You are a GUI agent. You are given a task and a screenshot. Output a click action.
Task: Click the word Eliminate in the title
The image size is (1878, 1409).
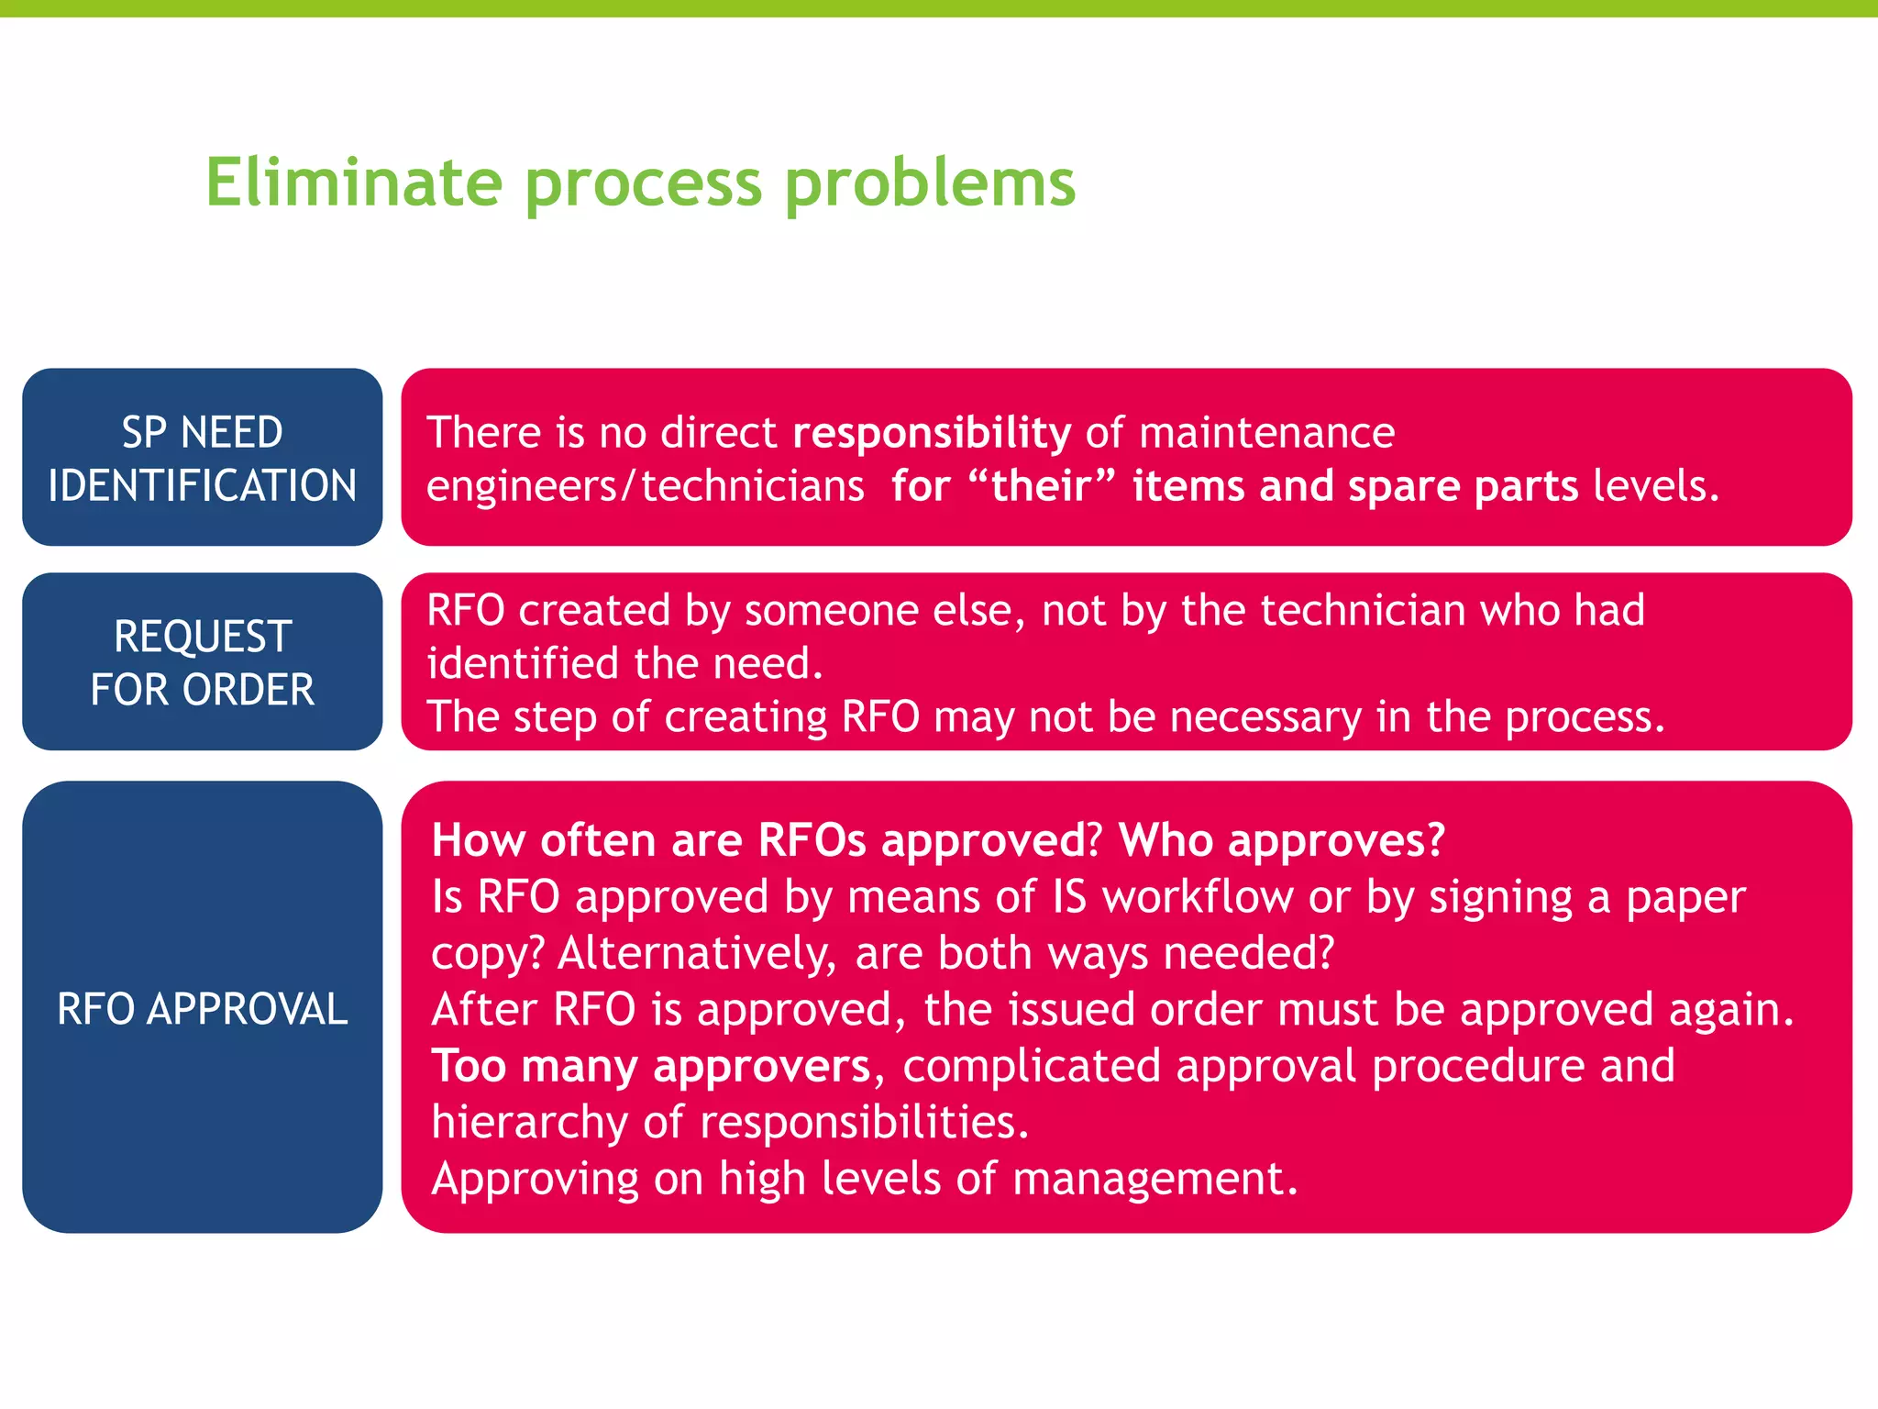tap(354, 182)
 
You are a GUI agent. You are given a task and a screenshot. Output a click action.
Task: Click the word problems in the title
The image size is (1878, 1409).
tap(930, 183)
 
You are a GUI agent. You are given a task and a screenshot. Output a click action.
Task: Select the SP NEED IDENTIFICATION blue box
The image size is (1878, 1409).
tap(202, 458)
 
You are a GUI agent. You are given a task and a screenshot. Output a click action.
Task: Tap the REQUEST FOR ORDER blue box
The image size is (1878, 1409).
tap(202, 661)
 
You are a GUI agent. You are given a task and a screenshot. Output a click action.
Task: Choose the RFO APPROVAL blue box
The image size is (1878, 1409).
tap(202, 1007)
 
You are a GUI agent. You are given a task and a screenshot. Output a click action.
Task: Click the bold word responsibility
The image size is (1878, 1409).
tap(931, 433)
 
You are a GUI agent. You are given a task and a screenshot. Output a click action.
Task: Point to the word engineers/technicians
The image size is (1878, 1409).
tap(645, 486)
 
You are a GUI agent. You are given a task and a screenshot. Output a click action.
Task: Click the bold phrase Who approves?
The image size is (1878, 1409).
tap(1281, 839)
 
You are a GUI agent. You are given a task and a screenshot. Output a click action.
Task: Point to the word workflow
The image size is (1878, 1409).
tap(1198, 897)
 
